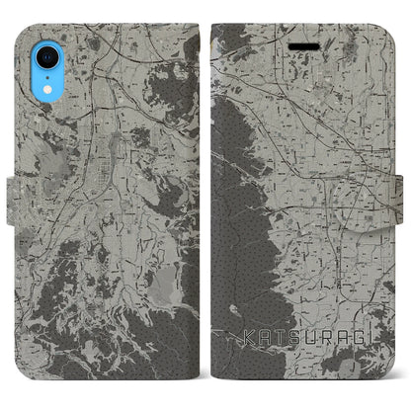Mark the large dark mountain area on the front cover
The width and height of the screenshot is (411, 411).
[242, 198]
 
